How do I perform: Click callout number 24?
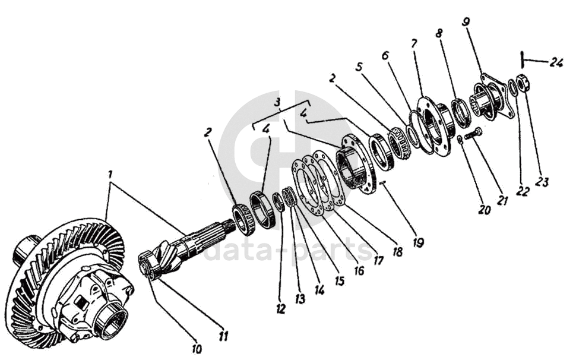(x=556, y=62)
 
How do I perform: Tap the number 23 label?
(x=540, y=181)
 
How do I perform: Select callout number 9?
(x=466, y=23)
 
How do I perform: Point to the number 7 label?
(x=414, y=43)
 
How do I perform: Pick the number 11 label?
(x=223, y=336)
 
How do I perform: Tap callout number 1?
(x=109, y=175)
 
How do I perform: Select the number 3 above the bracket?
(x=277, y=102)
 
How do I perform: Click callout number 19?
(x=419, y=242)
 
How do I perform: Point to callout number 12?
(x=280, y=308)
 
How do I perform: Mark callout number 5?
(x=359, y=67)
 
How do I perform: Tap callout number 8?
(x=439, y=34)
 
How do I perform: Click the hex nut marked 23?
(x=524, y=84)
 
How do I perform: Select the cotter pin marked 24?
(x=521, y=60)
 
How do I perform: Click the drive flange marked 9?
(x=492, y=96)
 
